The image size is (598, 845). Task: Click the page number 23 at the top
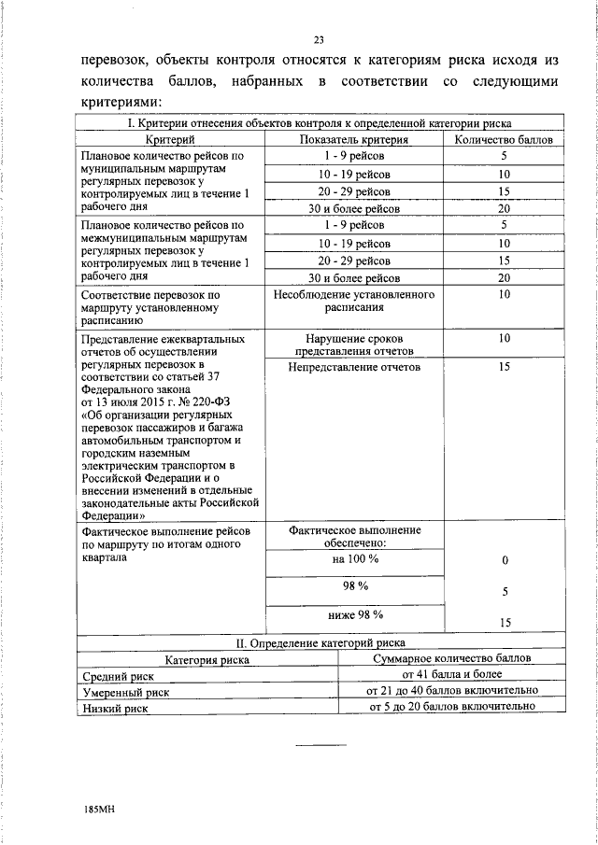318,39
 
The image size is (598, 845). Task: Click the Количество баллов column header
504,139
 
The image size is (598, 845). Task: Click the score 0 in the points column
504,561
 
